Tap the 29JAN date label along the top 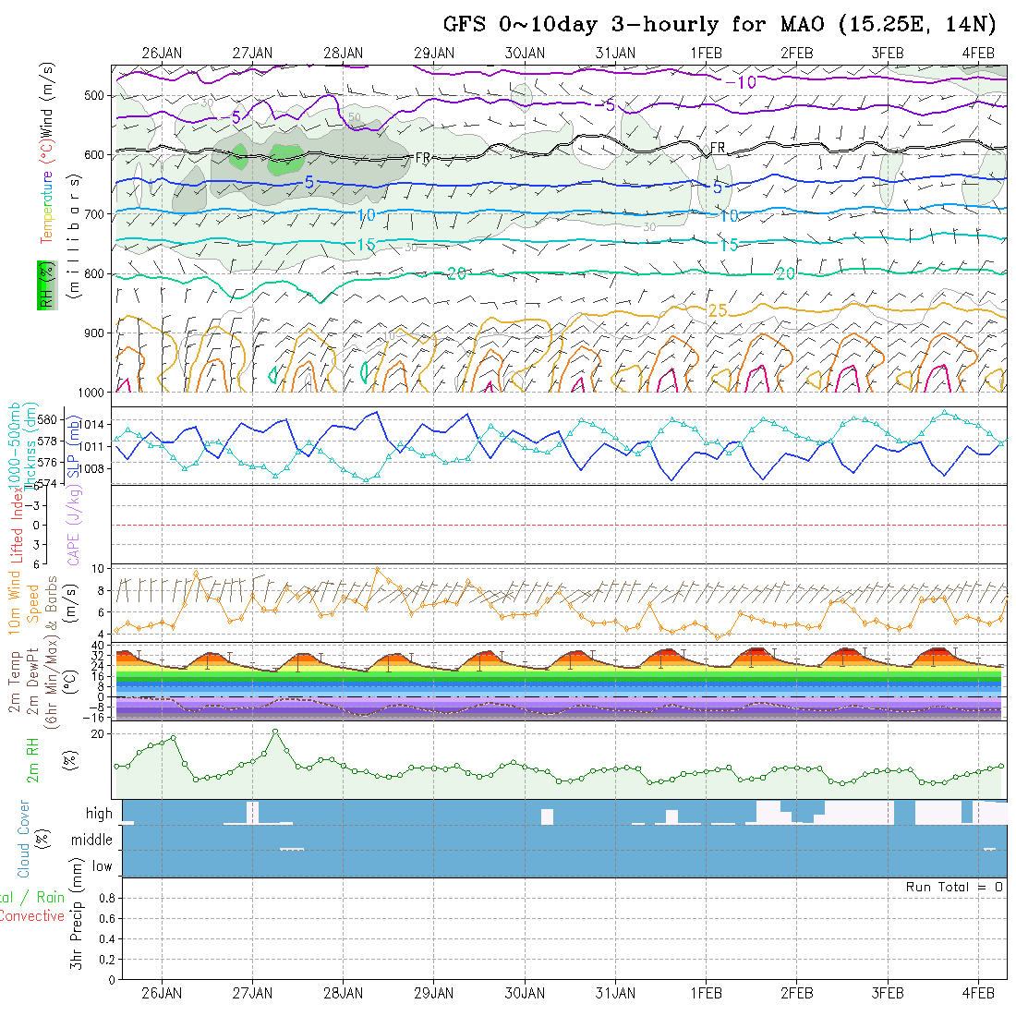tap(433, 53)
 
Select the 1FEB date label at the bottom tap(706, 993)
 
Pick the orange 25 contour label tap(718, 310)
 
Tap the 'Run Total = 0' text tap(954, 887)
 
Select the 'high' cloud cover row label tap(99, 814)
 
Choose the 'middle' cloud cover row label tap(92, 841)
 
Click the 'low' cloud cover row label tap(102, 866)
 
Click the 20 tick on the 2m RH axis tap(101, 733)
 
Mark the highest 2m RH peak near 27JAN tap(275, 732)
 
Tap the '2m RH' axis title tap(33, 759)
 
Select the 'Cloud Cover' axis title tap(24, 839)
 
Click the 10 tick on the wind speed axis tap(101, 568)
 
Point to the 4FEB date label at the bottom tap(978, 993)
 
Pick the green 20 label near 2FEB tap(785, 274)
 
